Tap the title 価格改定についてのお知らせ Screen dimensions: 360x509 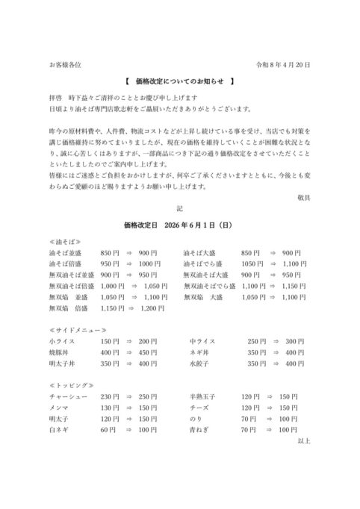coord(179,81)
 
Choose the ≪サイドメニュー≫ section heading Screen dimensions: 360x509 coord(75,329)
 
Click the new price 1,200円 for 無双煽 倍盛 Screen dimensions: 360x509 coord(152,307)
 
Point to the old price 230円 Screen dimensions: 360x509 coord(109,397)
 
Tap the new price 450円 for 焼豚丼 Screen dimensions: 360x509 coord(149,352)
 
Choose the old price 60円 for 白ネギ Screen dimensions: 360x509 coord(108,431)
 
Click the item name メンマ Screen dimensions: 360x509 coord(58,408)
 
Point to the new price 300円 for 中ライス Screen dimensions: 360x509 coord(294,341)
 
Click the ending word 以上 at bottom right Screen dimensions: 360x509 coord(303,442)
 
